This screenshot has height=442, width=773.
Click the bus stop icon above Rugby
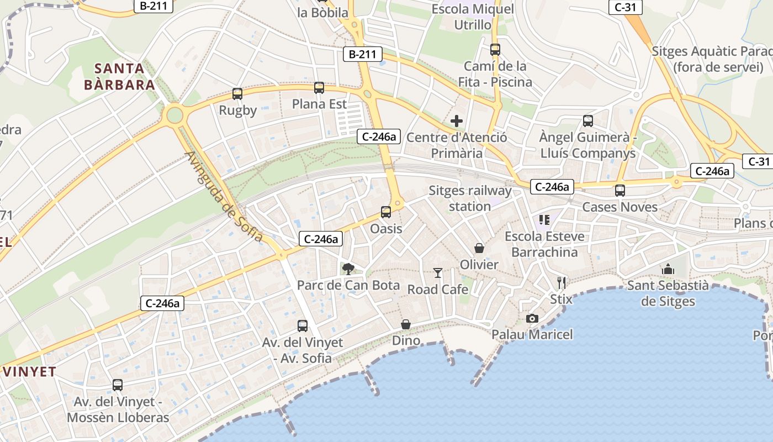237,94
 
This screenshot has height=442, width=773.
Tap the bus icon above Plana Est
319,88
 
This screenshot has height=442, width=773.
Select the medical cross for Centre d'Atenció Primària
457,121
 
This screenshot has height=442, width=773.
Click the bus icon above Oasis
386,212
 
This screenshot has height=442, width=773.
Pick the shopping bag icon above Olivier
479,249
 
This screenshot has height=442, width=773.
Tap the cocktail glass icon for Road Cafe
438,273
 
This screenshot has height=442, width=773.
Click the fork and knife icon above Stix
562,283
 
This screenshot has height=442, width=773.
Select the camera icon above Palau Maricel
532,318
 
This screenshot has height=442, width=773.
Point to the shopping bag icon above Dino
406,324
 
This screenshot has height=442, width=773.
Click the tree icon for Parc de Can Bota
348,269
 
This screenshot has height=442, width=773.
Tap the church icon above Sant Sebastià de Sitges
668,269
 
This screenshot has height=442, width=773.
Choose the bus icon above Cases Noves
620,191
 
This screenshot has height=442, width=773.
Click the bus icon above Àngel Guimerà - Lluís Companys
588,121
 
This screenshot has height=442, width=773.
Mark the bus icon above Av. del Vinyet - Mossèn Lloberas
118,385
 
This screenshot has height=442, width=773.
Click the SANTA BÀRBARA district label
119,77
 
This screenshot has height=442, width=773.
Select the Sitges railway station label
470,198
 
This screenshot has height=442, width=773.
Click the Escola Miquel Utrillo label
473,17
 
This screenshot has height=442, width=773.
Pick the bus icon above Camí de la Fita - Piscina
495,50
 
